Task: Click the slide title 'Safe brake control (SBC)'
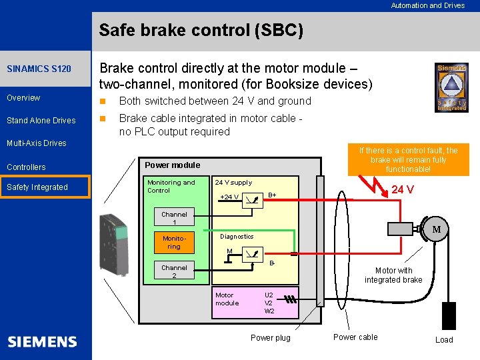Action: [x=201, y=31]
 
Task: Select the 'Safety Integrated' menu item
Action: [x=37, y=187]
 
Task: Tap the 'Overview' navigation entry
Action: [x=23, y=98]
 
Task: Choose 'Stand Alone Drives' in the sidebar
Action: [x=41, y=121]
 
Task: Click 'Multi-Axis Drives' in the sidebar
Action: [x=37, y=143]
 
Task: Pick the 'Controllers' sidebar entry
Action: [x=26, y=167]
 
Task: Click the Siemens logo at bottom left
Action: [x=43, y=342]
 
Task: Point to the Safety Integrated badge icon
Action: [x=451, y=87]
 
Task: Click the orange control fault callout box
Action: [x=408, y=160]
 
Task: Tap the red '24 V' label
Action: [x=403, y=190]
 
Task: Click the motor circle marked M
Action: [x=437, y=230]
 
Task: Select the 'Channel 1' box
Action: [x=174, y=219]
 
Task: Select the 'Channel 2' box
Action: [x=174, y=271]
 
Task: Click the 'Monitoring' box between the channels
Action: [x=173, y=243]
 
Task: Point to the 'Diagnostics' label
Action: [x=237, y=237]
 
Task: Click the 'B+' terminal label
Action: [x=272, y=195]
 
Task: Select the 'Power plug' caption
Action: [x=270, y=338]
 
